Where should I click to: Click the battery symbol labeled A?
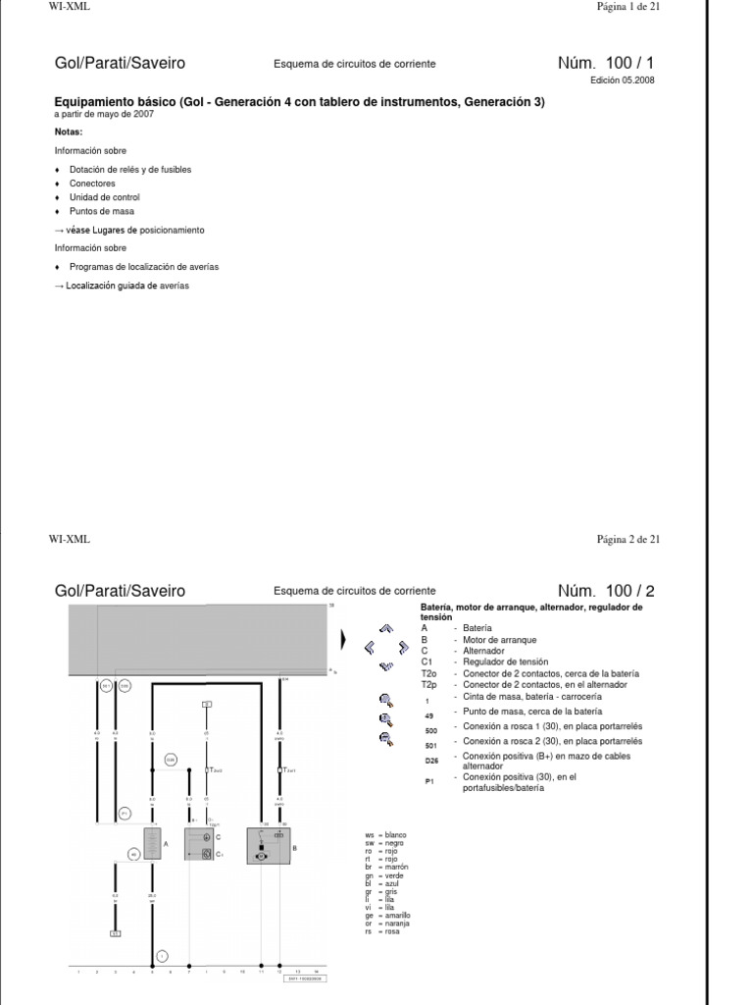point(152,844)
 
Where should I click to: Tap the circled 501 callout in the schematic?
point(125,685)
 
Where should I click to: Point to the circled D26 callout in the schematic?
point(171,760)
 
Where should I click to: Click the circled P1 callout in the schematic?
point(125,814)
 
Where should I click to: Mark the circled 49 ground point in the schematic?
point(134,855)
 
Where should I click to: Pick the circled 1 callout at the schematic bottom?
point(161,955)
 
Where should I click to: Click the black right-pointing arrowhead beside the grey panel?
point(343,640)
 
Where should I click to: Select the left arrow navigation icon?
point(370,647)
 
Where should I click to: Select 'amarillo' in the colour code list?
point(398,915)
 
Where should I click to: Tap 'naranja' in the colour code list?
point(397,924)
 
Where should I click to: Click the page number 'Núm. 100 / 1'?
point(605,64)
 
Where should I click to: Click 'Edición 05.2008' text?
point(622,81)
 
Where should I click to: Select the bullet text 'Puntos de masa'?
point(102,211)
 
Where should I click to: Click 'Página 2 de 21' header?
point(628,539)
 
